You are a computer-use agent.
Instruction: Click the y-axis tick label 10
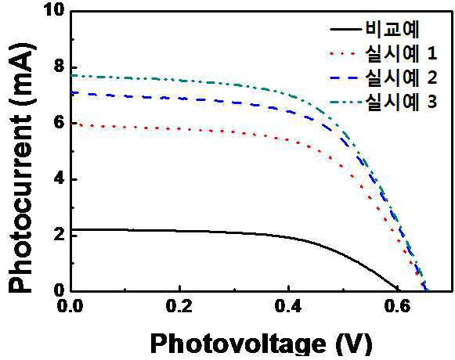[x=54, y=10]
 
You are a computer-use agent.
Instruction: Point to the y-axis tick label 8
[x=60, y=67]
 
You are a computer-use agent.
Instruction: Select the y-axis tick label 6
[x=60, y=122]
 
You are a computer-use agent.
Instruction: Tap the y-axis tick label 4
[x=60, y=178]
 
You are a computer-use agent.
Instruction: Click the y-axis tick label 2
[x=60, y=235]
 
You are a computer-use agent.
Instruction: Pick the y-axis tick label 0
[x=60, y=290]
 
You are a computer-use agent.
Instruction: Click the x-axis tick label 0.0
[x=70, y=306]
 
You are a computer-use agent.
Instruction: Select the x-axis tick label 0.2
[x=179, y=306]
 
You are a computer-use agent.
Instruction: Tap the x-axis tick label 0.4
[x=288, y=306]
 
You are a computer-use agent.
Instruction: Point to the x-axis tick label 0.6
[x=398, y=306]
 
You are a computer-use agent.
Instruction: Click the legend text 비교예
[x=392, y=29]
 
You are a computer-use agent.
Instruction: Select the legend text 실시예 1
[x=401, y=53]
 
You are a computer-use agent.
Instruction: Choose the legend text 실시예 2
[x=401, y=77]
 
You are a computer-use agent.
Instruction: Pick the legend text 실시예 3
[x=401, y=102]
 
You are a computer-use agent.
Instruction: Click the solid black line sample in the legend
[x=346, y=29]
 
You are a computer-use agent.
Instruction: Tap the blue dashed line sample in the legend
[x=346, y=77]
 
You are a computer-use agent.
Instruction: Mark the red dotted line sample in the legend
[x=343, y=53]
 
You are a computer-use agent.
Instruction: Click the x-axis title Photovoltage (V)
[x=261, y=344]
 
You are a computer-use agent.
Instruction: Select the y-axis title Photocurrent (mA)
[x=23, y=167]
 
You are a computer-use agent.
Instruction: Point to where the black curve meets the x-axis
[x=399, y=290]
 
